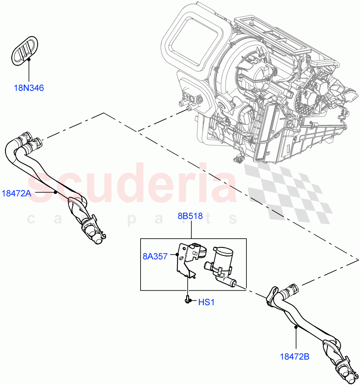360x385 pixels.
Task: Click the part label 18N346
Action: pyautogui.click(x=29, y=88)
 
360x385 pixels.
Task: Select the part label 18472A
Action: pyautogui.click(x=16, y=193)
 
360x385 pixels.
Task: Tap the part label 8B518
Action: pyautogui.click(x=190, y=216)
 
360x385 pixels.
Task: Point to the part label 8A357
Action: pyautogui.click(x=155, y=256)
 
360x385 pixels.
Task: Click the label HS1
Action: pyautogui.click(x=206, y=302)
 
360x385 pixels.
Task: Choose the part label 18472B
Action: pyautogui.click(x=294, y=356)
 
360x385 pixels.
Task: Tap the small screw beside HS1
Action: pyautogui.click(x=187, y=300)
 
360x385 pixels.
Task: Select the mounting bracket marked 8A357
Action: pyautogui.click(x=186, y=260)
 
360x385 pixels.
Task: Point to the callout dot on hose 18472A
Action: pyautogui.click(x=55, y=192)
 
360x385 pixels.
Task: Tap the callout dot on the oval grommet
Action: pyautogui.click(x=29, y=59)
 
